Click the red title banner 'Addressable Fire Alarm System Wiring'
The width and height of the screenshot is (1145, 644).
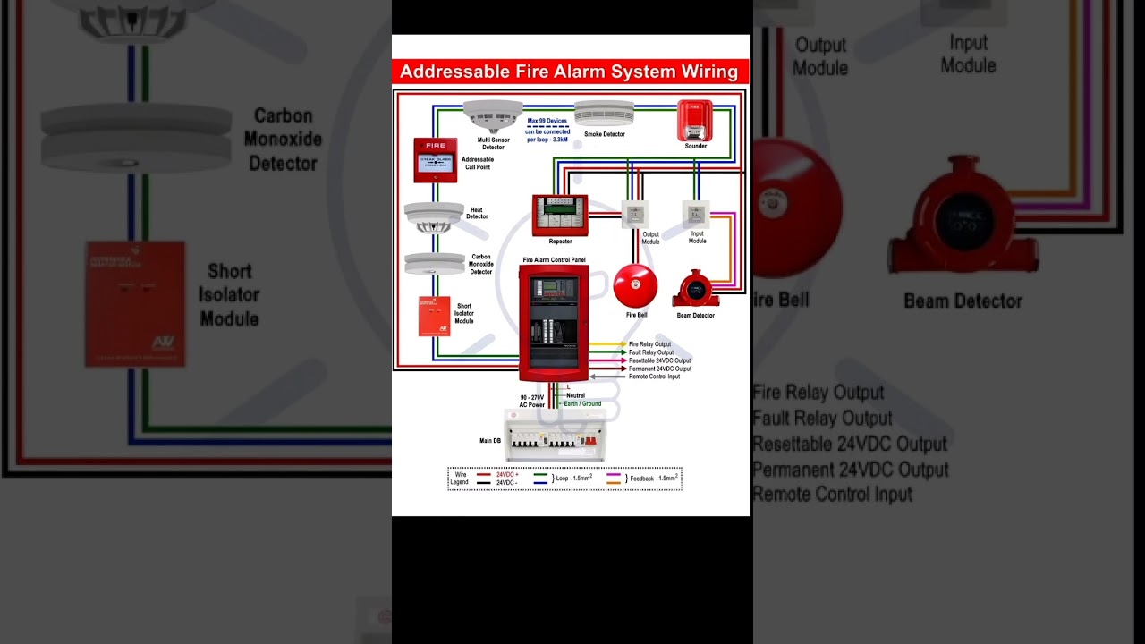coord(570,72)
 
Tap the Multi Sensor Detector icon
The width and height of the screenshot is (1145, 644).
coord(493,115)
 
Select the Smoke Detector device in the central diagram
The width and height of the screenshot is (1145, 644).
coord(604,114)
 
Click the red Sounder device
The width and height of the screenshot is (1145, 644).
coord(695,121)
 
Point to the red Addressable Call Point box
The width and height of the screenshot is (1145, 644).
coord(436,160)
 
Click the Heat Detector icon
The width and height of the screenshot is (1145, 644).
coord(434,216)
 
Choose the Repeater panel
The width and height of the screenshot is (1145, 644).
coord(560,215)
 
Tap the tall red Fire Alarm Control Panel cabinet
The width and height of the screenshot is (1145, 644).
coord(554,323)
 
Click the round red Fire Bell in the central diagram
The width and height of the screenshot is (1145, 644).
coord(636,286)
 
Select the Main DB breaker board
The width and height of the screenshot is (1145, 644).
coord(556,437)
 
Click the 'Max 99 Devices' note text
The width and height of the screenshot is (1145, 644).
coord(547,121)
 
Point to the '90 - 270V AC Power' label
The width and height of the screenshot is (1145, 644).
coord(531,401)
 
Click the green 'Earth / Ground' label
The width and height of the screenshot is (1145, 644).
coord(582,403)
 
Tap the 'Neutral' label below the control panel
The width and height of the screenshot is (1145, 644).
coord(575,395)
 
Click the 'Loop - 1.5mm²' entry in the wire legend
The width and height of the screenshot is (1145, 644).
coord(572,479)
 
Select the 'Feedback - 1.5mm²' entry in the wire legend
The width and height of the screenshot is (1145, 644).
coord(654,479)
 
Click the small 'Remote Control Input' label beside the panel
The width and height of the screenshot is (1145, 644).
coord(654,377)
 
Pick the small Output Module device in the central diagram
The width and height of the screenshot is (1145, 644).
coord(635,215)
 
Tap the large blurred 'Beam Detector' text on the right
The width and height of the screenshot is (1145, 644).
coord(963,301)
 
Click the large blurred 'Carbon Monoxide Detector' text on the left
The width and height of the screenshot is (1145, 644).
coord(283,140)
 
